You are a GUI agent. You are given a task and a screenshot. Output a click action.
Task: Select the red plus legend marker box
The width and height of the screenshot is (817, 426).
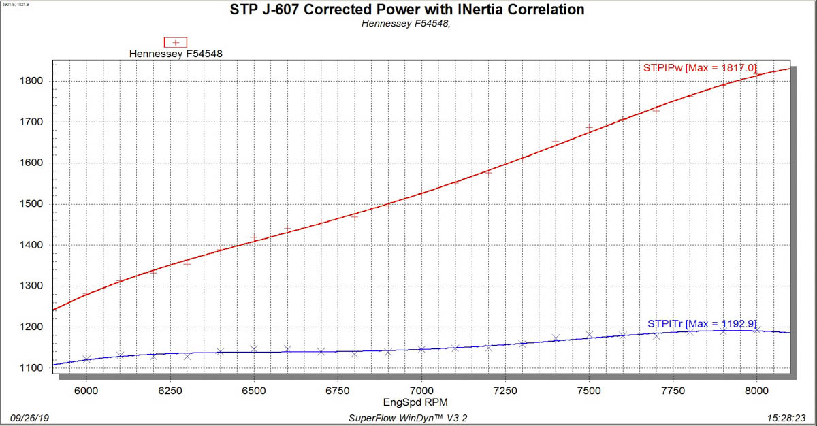point(176,42)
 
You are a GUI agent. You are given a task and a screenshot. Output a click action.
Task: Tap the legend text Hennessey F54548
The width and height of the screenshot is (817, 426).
point(176,53)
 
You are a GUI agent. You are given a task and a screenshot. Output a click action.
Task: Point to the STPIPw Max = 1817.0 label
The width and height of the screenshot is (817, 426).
point(700,67)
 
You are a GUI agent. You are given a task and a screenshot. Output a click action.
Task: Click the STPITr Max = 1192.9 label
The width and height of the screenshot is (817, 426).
point(702,323)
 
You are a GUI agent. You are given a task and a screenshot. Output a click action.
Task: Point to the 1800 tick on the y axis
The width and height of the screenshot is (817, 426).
point(32,81)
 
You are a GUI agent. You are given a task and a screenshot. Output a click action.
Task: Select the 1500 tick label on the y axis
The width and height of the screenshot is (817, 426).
point(32,204)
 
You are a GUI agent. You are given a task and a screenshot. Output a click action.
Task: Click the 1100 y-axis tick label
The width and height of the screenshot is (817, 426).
point(32,368)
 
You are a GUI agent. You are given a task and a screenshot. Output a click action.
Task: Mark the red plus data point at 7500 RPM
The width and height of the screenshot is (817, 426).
point(589,128)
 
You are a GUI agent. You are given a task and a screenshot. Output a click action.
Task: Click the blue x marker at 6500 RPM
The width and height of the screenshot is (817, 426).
point(254,349)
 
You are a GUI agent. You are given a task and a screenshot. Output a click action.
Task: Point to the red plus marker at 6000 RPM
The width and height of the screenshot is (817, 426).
point(86,294)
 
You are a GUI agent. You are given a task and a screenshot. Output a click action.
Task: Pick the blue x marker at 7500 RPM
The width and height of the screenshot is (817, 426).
point(589,334)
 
